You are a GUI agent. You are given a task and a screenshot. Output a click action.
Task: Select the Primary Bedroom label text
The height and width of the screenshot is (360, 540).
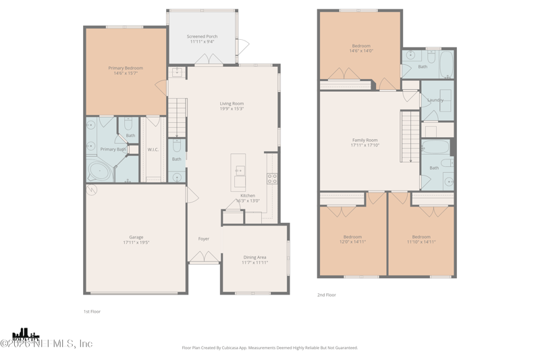point(126,68)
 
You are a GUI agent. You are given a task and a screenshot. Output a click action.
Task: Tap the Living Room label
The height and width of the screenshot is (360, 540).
point(232,104)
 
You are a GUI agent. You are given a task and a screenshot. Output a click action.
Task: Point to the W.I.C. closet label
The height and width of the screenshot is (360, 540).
point(153,149)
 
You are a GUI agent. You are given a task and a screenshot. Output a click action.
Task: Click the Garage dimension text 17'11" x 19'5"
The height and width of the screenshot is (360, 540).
point(136,242)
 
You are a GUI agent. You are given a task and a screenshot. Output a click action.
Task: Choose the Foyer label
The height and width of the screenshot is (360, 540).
point(203,239)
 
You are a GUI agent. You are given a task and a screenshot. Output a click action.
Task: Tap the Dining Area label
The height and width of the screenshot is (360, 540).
point(255,257)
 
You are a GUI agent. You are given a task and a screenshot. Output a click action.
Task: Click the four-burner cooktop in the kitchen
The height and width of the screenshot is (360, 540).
point(272,179)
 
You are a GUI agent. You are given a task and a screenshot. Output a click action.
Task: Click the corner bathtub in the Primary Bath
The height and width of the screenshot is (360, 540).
point(100,170)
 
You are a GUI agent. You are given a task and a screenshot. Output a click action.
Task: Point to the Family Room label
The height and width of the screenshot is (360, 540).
point(364,140)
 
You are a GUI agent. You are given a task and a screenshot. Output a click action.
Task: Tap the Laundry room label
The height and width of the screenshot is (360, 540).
point(435,100)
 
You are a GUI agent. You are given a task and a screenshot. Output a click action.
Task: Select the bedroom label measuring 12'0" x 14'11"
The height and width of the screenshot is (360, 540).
point(352,237)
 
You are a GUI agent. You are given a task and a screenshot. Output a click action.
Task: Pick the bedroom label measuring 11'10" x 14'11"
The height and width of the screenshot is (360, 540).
point(421,237)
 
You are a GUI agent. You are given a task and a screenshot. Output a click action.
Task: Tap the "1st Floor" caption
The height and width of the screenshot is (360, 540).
point(92,311)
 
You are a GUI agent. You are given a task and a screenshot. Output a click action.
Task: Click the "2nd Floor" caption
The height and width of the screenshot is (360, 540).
point(327,295)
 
